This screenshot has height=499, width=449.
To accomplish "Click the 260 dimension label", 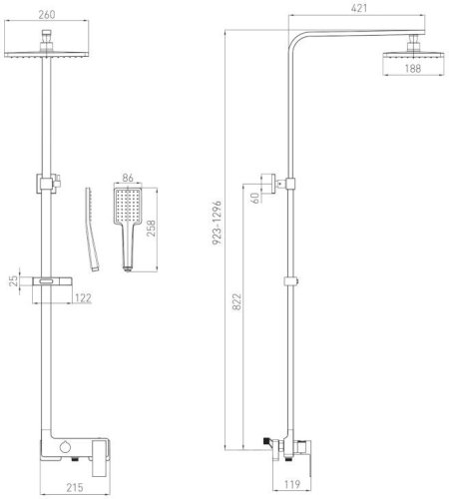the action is (47, 15).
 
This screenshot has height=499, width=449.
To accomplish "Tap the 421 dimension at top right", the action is (359, 8).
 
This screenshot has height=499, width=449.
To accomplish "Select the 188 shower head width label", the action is (413, 69).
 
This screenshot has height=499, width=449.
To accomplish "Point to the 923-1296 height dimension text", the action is (217, 223).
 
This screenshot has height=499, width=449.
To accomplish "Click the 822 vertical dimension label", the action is (236, 301).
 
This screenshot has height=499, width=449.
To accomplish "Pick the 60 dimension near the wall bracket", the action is (255, 198).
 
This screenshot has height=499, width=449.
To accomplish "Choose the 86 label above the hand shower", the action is (128, 178).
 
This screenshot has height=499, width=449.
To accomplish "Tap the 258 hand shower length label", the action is (152, 229).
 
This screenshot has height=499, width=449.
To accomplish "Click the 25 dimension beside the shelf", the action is (13, 281).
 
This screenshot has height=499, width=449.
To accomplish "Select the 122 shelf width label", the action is (83, 298).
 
